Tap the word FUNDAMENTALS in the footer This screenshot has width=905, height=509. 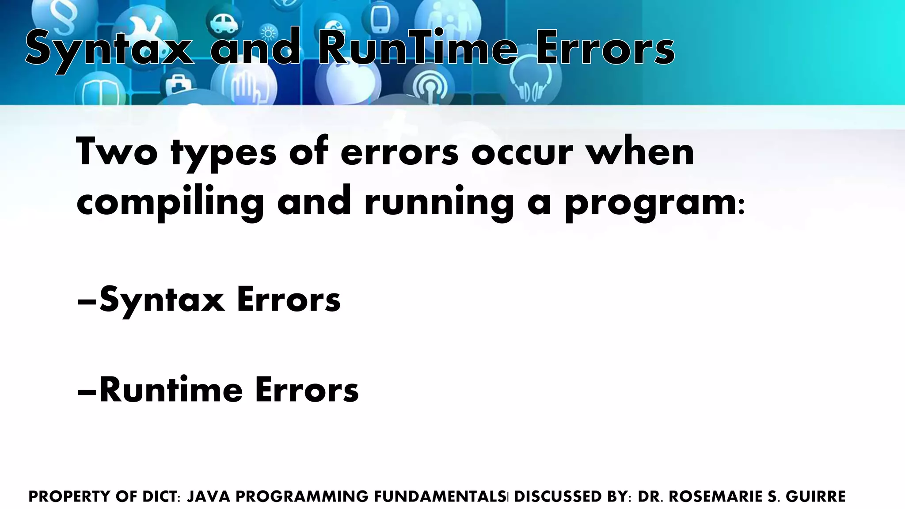[439, 497]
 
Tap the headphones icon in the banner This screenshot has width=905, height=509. [532, 80]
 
